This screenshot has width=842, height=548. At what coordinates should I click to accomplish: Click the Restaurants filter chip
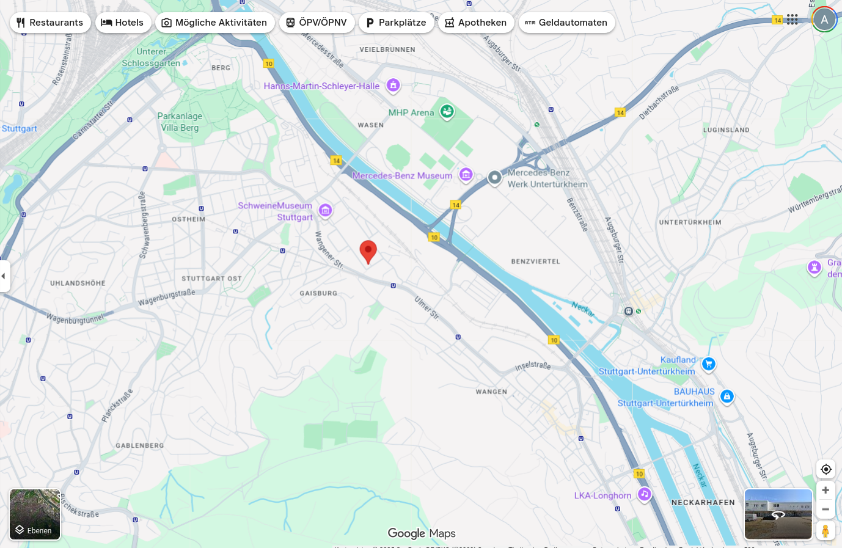point(50,23)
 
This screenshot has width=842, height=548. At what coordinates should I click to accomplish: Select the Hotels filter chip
point(123,23)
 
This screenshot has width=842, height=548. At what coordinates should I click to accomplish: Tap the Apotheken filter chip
point(476,23)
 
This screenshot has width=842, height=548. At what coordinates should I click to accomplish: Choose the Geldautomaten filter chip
point(566,23)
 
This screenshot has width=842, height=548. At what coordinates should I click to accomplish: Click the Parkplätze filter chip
point(396,23)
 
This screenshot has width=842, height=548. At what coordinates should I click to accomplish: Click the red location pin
point(368,251)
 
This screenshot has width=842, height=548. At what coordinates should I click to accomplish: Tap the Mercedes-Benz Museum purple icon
point(466,175)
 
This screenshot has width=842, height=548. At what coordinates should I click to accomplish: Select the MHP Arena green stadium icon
point(447,112)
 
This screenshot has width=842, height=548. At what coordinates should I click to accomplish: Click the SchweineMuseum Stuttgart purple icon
point(326,211)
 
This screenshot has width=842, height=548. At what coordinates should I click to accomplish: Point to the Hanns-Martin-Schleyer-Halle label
point(321,86)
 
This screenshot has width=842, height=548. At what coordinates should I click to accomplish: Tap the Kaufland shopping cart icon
point(708,364)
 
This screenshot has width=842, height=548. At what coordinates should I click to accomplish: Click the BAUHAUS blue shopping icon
point(727,396)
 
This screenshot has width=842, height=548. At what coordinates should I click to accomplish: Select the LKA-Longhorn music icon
point(645,494)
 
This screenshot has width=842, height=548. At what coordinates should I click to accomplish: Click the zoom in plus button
point(826,490)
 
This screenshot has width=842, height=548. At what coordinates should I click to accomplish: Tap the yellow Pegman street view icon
point(826,531)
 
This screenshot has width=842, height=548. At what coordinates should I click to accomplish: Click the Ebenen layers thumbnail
point(35,514)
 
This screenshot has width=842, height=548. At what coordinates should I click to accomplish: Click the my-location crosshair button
point(826,469)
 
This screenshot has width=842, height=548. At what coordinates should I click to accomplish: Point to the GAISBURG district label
point(318,293)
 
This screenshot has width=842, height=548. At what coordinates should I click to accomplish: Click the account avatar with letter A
point(824,20)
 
